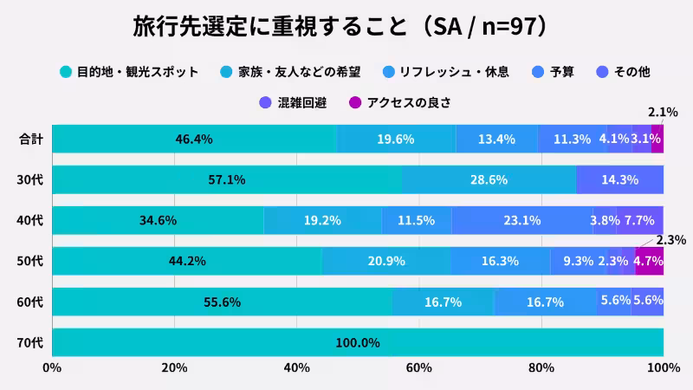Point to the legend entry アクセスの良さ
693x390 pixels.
[x=408, y=102]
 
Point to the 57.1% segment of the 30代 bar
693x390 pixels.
[x=227, y=179]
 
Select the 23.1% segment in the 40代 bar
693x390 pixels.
[x=522, y=220]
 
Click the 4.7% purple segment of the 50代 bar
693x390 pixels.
[x=649, y=261]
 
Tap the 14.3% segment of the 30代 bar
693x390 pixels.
[x=619, y=179]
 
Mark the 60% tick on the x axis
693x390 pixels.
[x=419, y=368]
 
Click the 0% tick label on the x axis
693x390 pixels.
[x=52, y=368]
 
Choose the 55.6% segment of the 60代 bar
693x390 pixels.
[x=222, y=302]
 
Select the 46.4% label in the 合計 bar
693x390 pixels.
[x=194, y=139]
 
